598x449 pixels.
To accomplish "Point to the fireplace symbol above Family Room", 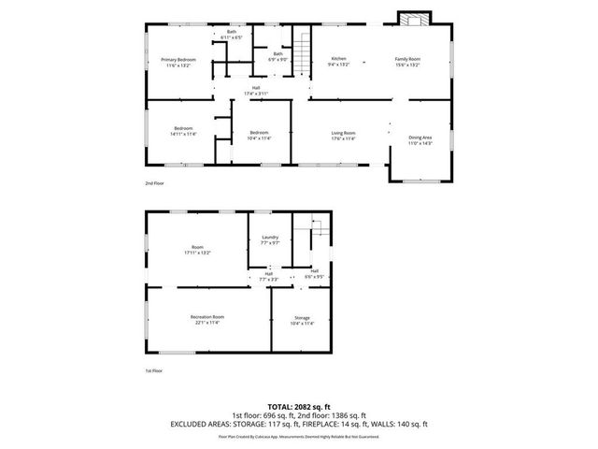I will click(411, 19).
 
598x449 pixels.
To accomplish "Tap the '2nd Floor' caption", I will click(154, 183).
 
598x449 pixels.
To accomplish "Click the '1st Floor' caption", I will click(154, 370).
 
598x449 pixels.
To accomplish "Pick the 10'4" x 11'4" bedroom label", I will click(259, 136).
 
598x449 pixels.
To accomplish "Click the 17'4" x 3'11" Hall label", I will click(256, 91).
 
